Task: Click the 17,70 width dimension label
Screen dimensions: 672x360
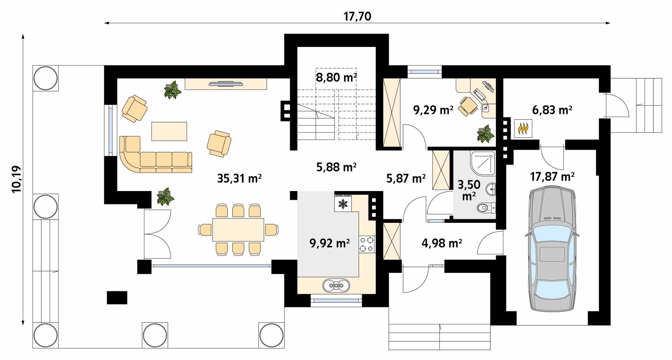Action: click(357, 16)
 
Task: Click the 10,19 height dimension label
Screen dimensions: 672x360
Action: click(16, 179)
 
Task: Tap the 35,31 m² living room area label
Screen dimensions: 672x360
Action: click(239, 178)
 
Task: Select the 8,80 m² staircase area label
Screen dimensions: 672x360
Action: click(336, 77)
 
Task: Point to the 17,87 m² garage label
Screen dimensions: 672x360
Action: click(552, 176)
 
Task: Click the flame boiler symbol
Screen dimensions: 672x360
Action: click(523, 128)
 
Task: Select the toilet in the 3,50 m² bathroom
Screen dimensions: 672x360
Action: click(486, 208)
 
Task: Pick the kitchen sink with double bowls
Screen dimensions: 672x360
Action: click(336, 285)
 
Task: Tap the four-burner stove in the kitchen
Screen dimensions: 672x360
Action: click(367, 244)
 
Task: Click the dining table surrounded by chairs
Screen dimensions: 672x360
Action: click(238, 230)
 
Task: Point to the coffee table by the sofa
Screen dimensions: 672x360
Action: click(169, 131)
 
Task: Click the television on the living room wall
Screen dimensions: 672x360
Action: click(226, 83)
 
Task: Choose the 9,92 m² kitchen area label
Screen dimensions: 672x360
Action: click(330, 242)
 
